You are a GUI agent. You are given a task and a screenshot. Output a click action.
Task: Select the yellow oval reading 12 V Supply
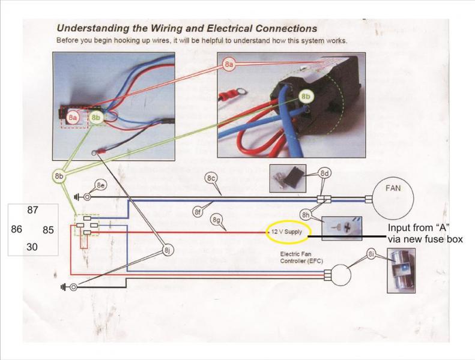(x=285, y=231)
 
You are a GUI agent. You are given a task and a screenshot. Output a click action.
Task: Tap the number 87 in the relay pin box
(x=33, y=211)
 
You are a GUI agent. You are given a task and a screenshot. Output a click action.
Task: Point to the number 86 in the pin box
(x=17, y=229)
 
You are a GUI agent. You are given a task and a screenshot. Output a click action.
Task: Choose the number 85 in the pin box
(x=49, y=229)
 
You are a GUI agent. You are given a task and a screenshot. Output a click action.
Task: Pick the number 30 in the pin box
(x=32, y=247)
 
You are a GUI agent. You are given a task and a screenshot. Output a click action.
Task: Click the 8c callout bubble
(x=211, y=178)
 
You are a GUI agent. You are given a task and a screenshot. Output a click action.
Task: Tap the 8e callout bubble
(x=101, y=185)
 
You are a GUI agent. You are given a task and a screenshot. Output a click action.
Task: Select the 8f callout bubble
(x=197, y=211)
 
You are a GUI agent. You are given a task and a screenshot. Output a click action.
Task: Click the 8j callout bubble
(x=168, y=250)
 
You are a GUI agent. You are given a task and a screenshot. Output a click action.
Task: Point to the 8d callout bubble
(x=325, y=173)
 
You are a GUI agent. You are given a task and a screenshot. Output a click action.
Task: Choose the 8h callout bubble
(x=306, y=214)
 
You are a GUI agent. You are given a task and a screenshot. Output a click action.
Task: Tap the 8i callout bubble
(x=372, y=257)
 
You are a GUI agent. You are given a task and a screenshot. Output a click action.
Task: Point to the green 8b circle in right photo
(x=306, y=96)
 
